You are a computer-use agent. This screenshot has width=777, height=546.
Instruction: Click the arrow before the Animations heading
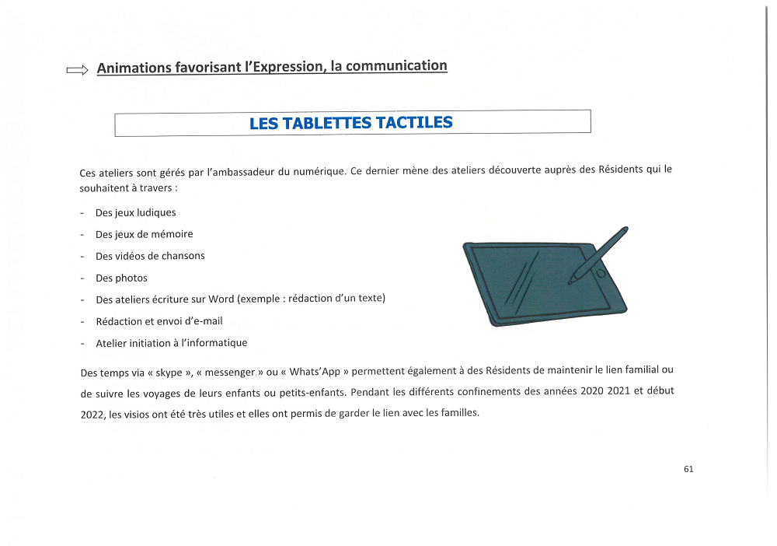tap(78, 71)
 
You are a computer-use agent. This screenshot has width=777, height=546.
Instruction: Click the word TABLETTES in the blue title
tap(326, 123)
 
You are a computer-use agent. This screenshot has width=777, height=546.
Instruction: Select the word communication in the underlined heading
tap(396, 66)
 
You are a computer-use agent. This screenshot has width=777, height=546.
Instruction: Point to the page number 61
tap(688, 469)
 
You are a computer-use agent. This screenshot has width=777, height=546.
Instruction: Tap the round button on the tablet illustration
tap(600, 274)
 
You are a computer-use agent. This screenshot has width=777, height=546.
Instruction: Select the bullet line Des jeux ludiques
tap(135, 212)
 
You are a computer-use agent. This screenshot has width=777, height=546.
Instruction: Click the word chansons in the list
tap(183, 256)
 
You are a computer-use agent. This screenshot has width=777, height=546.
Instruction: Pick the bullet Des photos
tap(121, 278)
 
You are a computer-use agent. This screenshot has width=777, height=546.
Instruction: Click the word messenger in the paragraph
tap(231, 372)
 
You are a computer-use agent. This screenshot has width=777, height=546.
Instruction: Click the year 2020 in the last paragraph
tap(594, 391)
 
